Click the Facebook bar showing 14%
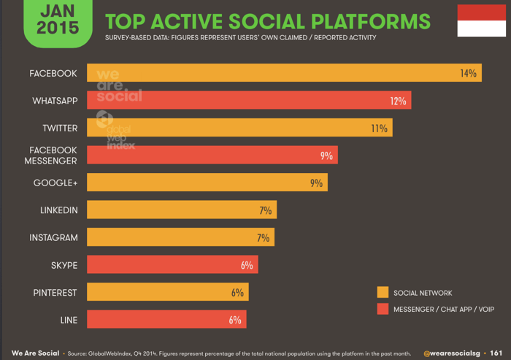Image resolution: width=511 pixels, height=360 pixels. point(284,73)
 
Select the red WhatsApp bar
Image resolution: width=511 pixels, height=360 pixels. point(249,101)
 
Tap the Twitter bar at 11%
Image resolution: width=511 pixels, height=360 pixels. point(239,128)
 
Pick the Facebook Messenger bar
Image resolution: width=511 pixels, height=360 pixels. point(212,155)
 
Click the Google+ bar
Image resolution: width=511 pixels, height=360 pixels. point(207,183)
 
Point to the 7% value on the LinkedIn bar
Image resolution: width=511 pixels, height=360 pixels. point(264,210)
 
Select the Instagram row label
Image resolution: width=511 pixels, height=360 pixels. point(53,238)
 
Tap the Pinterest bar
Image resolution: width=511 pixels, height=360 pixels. point(167,292)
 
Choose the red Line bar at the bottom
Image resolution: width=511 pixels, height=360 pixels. point(166,320)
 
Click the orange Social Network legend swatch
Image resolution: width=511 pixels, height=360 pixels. point(383,293)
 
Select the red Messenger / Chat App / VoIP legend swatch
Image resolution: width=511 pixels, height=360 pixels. point(383,310)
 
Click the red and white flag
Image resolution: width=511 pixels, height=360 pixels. point(481,20)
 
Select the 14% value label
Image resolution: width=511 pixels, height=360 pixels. point(468,73)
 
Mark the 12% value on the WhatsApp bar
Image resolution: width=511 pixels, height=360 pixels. point(397,101)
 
